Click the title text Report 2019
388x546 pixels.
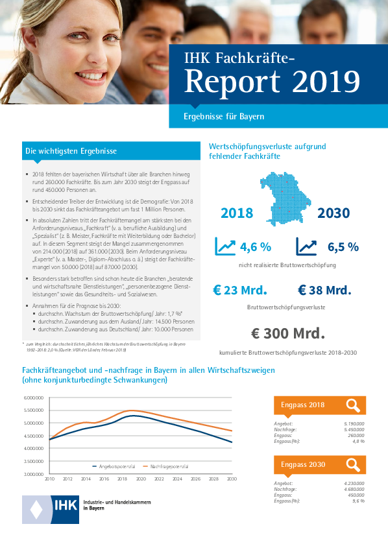click(272, 82)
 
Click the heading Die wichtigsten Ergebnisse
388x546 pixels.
click(71, 151)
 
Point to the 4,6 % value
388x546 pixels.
click(255, 247)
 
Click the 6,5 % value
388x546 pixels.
click(343, 247)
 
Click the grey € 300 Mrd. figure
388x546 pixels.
click(287, 333)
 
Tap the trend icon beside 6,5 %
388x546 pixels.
click(306, 246)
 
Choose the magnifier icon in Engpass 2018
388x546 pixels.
click(353, 405)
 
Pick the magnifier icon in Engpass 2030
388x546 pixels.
click(353, 464)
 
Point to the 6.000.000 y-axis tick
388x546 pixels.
click(33, 398)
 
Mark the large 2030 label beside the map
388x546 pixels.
click(333, 213)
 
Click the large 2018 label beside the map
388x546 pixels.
click(237, 213)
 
